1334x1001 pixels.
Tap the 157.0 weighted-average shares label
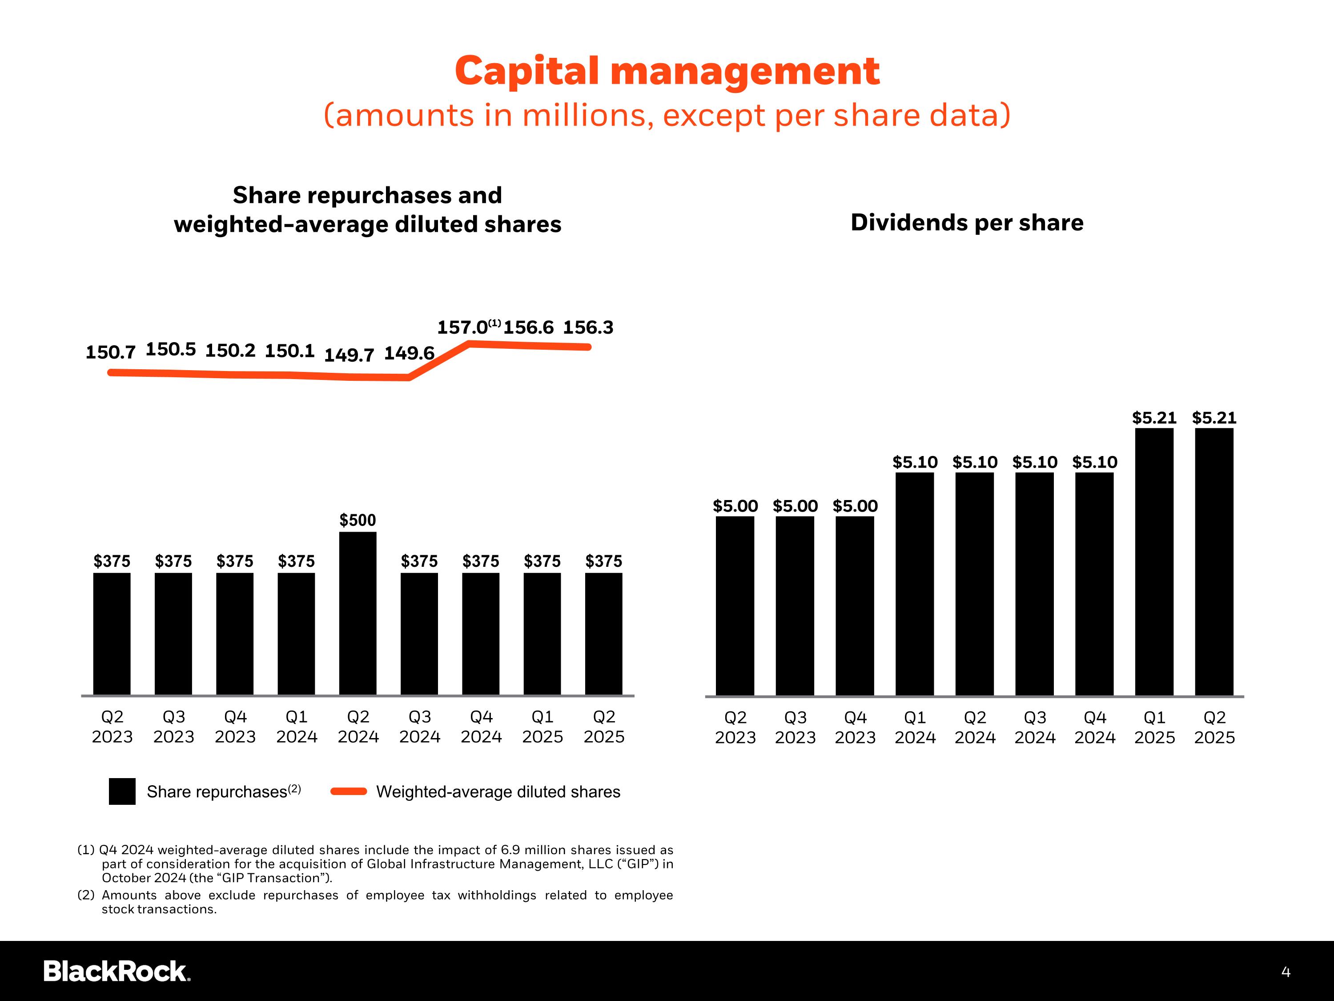(462, 327)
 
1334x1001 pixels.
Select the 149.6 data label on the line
(409, 353)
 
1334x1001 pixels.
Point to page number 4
(1286, 972)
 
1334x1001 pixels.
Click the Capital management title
(667, 71)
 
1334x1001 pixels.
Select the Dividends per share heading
(967, 222)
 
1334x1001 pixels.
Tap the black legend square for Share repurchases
(122, 791)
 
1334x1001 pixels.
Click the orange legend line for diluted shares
(349, 791)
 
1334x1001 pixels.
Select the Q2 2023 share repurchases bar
(112, 634)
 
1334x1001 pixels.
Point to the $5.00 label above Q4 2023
(855, 506)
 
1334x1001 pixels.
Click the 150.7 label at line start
(110, 352)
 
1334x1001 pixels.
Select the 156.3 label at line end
(588, 327)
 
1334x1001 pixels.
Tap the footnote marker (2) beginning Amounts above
(86, 895)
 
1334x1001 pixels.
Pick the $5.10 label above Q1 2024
(914, 462)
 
